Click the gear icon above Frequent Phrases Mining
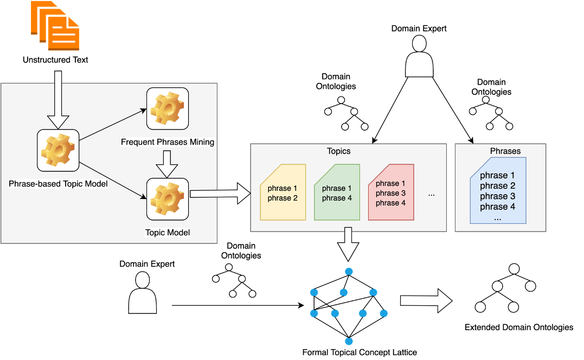[168, 108]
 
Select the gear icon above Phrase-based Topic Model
[58, 150]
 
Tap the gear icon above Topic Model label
[168, 199]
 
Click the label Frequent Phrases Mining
[168, 142]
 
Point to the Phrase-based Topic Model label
[58, 184]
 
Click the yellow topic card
[283, 192]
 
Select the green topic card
[337, 192]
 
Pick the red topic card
[391, 192]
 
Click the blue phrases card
[498, 191]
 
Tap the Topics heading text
[338, 151]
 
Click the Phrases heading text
[505, 151]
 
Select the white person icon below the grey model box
[143, 293]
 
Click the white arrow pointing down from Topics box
[348, 244]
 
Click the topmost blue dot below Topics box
[349, 271]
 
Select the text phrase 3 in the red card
[390, 193]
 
